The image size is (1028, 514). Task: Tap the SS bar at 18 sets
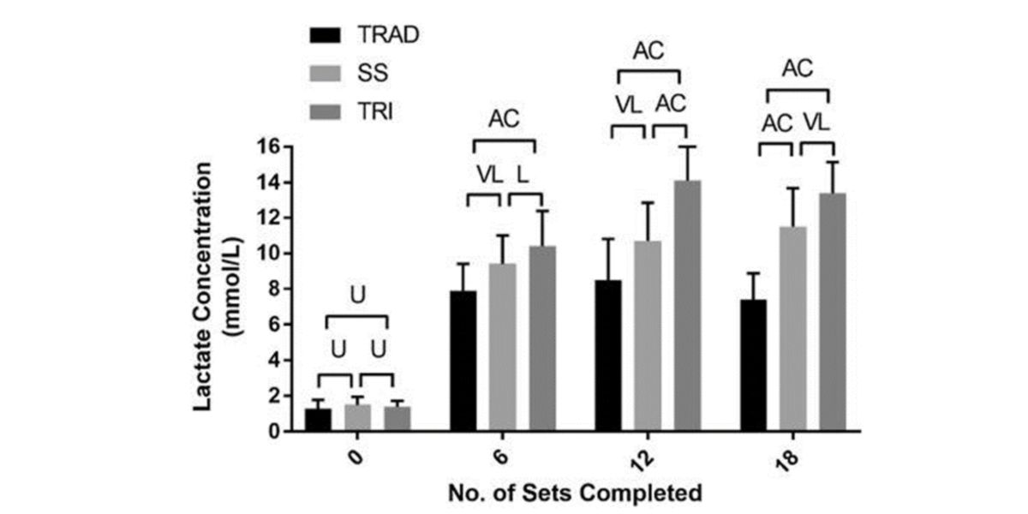tap(793, 329)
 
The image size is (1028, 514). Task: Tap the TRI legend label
tap(375, 111)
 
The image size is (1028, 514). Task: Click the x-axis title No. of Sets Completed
tap(575, 493)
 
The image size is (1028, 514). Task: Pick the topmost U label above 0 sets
tap(357, 295)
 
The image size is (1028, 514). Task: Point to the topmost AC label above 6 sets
tap(503, 119)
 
